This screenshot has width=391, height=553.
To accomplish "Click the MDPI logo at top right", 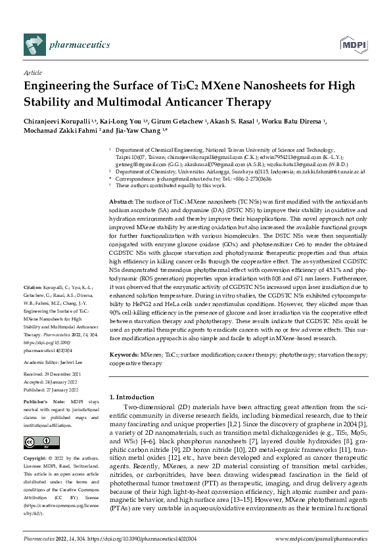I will point(352,45).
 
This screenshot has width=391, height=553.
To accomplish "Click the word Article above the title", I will point(32,74).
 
